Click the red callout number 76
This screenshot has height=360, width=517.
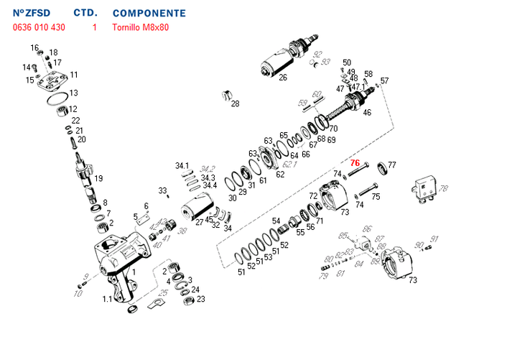click(x=355, y=163)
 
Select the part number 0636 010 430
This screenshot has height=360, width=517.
click(x=39, y=28)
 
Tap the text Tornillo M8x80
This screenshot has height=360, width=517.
click(x=141, y=28)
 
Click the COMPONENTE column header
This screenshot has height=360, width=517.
click(x=149, y=14)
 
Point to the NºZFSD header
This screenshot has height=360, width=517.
click(x=32, y=14)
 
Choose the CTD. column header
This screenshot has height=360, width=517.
click(x=86, y=14)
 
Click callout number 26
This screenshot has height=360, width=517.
click(x=283, y=78)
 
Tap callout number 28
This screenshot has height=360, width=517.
click(x=235, y=104)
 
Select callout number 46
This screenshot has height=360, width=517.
click(x=367, y=112)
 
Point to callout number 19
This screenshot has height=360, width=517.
click(x=98, y=178)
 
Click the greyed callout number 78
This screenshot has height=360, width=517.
click(x=444, y=189)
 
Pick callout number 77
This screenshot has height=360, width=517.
click(x=392, y=165)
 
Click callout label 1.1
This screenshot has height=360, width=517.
click(x=107, y=299)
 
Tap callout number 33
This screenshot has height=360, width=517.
click(x=162, y=190)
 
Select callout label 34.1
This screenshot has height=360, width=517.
click(x=182, y=166)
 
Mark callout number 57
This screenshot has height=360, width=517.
click(x=385, y=80)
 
